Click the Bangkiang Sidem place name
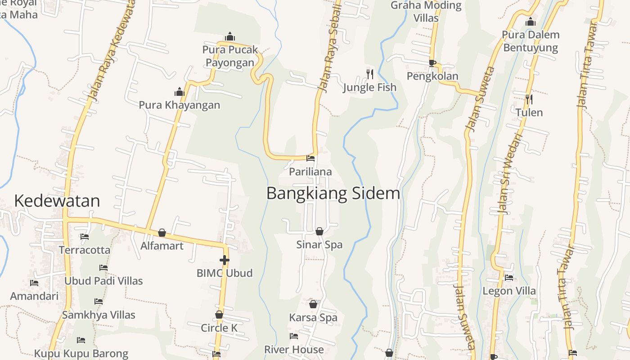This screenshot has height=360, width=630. click(333, 193)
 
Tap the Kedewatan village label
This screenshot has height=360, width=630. click(57, 201)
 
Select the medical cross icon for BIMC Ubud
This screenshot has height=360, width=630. click(224, 260)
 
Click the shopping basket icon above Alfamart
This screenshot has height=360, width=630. click(162, 233)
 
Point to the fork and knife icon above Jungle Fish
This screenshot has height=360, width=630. click(370, 74)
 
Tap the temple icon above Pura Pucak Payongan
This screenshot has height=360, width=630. click(230, 36)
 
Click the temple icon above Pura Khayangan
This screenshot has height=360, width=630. click(180, 92)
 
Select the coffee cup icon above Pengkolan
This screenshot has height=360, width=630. click(432, 63)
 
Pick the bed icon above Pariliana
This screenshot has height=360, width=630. click(310, 158)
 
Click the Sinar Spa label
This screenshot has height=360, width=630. click(319, 245)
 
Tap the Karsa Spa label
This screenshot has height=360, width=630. click(313, 317)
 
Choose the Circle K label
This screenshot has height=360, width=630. click(219, 328)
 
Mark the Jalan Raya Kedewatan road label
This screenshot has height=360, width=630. click(105, 54)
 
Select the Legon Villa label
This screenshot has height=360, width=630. click(509, 291)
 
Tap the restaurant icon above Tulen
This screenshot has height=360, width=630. click(529, 99)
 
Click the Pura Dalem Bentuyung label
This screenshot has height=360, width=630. click(531, 41)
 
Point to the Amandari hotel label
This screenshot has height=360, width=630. click(34, 296)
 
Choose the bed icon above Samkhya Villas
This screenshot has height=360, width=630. click(99, 301)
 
